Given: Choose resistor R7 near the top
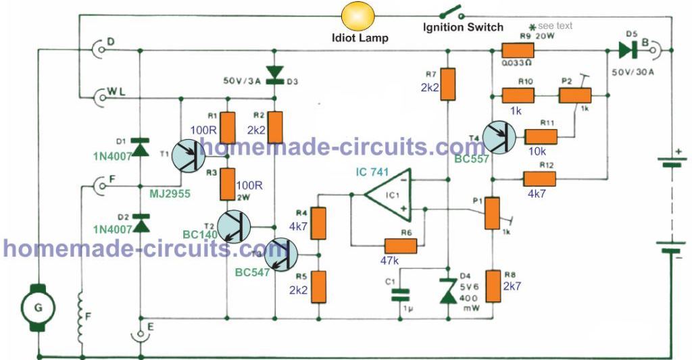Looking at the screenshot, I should [x=447, y=85].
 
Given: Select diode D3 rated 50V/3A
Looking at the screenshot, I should [x=275, y=73].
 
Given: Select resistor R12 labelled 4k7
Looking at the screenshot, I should [x=538, y=179].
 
